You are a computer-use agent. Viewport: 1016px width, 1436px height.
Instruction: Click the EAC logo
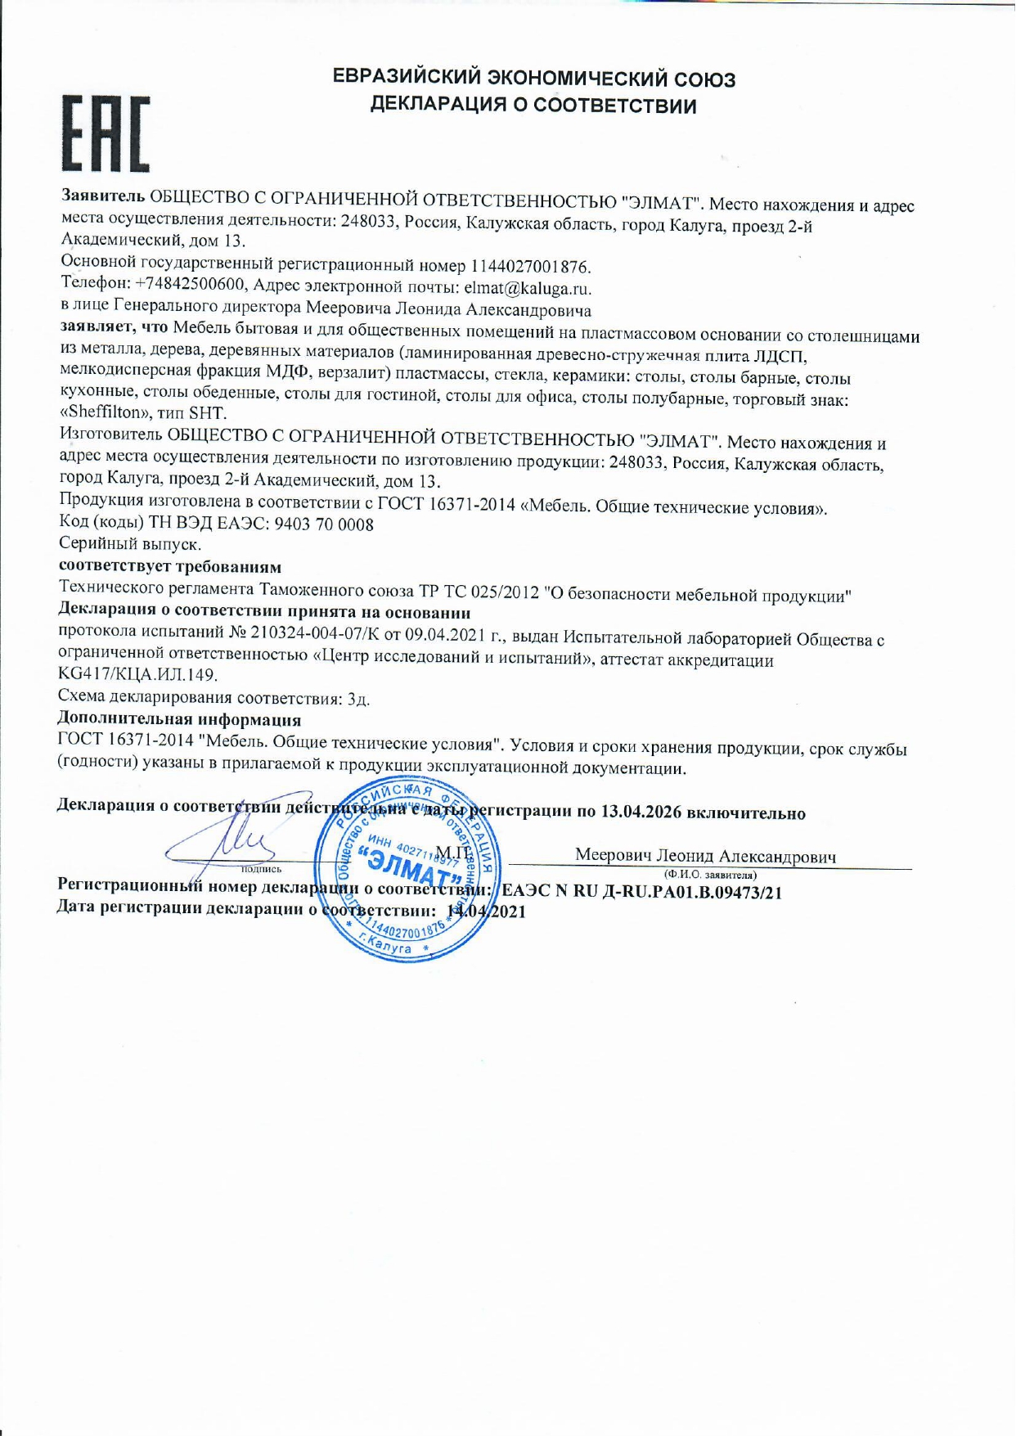tap(106, 133)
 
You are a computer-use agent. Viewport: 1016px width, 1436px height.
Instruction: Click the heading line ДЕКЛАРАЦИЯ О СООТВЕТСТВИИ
tap(533, 106)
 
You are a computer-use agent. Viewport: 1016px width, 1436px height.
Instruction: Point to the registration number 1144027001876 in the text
tap(529, 267)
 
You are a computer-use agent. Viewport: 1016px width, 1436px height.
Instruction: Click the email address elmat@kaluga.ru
tap(527, 288)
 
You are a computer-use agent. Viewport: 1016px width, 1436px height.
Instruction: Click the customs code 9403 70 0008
tap(324, 524)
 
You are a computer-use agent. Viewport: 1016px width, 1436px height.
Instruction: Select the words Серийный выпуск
tap(130, 544)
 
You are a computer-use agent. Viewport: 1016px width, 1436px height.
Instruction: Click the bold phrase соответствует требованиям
tap(170, 566)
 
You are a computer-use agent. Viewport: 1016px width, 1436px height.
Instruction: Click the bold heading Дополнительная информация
tap(179, 719)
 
